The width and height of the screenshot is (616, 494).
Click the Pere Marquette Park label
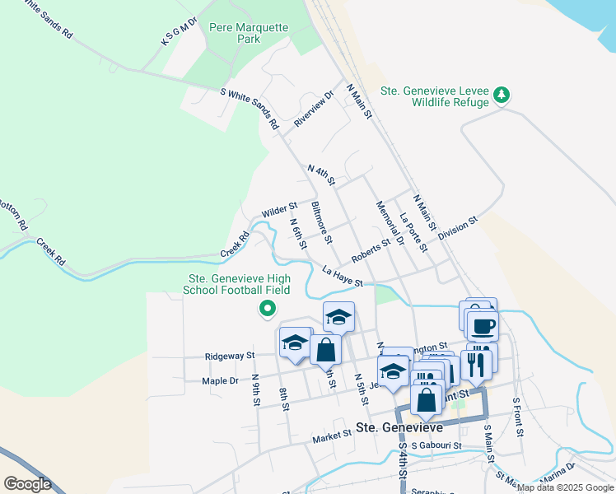[x=249, y=33]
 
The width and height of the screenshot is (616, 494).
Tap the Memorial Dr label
[x=390, y=223]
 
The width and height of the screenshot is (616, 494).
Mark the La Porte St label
[x=413, y=233]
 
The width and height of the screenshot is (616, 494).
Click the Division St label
[x=458, y=229]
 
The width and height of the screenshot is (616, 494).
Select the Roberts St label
[x=370, y=250]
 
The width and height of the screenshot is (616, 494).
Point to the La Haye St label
[x=343, y=277]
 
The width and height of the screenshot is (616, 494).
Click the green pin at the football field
[x=267, y=310]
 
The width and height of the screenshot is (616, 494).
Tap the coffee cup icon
[x=483, y=325]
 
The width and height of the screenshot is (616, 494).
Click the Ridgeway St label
[x=229, y=357]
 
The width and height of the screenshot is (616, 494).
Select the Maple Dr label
[x=220, y=381]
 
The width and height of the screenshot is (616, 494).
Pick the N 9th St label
[x=256, y=390]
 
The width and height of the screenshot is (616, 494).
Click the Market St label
[x=332, y=436]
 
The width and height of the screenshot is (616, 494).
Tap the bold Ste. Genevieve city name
[x=399, y=427]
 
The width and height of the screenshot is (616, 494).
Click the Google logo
[x=27, y=483]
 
